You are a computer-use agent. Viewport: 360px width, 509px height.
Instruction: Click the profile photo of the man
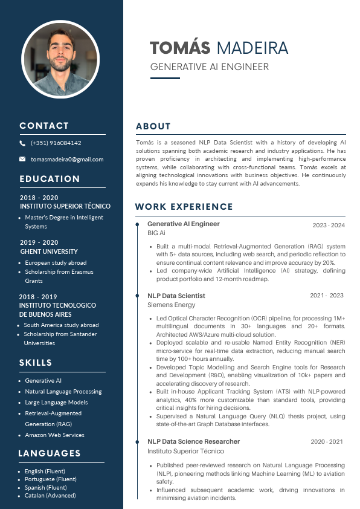point(60,59)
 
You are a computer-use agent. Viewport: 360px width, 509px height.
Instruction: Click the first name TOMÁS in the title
point(180,48)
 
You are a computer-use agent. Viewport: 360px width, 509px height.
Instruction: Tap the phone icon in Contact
point(22,143)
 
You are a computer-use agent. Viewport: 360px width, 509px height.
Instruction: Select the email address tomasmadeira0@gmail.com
point(67,160)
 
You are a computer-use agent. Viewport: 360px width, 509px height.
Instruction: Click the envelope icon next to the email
point(22,159)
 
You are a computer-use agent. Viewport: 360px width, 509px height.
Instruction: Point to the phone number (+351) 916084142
point(56,143)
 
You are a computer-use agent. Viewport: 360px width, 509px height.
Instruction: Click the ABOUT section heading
point(153,126)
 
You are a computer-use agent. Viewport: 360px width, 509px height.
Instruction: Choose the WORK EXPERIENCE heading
point(184,207)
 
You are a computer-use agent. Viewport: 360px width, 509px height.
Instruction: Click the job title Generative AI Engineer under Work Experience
point(184,224)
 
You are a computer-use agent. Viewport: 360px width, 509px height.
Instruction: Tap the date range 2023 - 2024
point(329,225)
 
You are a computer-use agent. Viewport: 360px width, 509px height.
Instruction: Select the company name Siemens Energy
point(172,305)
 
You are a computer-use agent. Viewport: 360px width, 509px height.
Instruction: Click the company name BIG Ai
point(156,233)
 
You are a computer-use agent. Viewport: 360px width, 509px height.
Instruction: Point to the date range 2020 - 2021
point(327,442)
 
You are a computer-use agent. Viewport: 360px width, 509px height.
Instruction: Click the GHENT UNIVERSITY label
point(49,251)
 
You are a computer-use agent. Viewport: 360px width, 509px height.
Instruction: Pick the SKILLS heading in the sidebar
point(36,363)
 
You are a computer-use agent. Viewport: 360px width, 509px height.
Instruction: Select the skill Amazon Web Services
point(54,435)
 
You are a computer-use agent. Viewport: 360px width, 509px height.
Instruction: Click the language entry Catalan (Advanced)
point(50,496)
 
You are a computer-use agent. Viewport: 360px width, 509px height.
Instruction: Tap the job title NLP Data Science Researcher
point(193,441)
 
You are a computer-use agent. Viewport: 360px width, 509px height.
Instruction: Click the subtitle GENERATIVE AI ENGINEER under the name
point(210,67)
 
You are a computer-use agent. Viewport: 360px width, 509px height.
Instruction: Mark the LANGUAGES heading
point(50,453)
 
